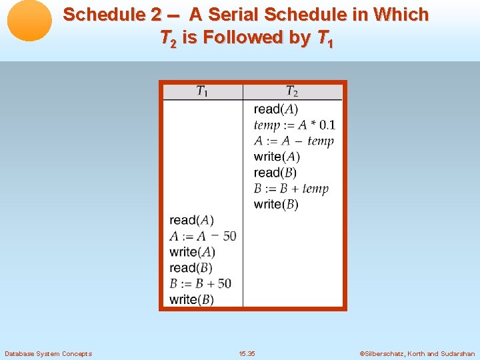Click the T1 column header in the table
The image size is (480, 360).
click(202, 92)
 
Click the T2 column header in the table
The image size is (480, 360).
click(292, 92)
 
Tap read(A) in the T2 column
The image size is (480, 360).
click(275, 109)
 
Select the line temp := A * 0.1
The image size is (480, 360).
click(294, 125)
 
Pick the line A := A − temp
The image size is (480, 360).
click(293, 141)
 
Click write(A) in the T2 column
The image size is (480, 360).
click(277, 157)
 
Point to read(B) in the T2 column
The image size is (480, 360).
click(275, 173)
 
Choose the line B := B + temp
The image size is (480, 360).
click(291, 189)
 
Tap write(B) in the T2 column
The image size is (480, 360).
click(276, 205)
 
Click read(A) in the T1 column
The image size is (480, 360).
click(191, 220)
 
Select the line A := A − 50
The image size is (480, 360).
click(203, 236)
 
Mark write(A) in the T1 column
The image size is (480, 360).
click(192, 252)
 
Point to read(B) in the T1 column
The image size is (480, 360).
click(191, 268)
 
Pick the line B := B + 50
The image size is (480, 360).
click(201, 284)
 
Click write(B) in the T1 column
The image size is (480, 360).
click(191, 300)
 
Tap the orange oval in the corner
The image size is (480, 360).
click(29, 20)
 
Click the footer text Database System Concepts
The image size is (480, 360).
click(48, 353)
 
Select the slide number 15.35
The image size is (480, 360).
click(247, 353)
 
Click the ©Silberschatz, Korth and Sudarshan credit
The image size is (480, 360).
click(417, 353)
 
